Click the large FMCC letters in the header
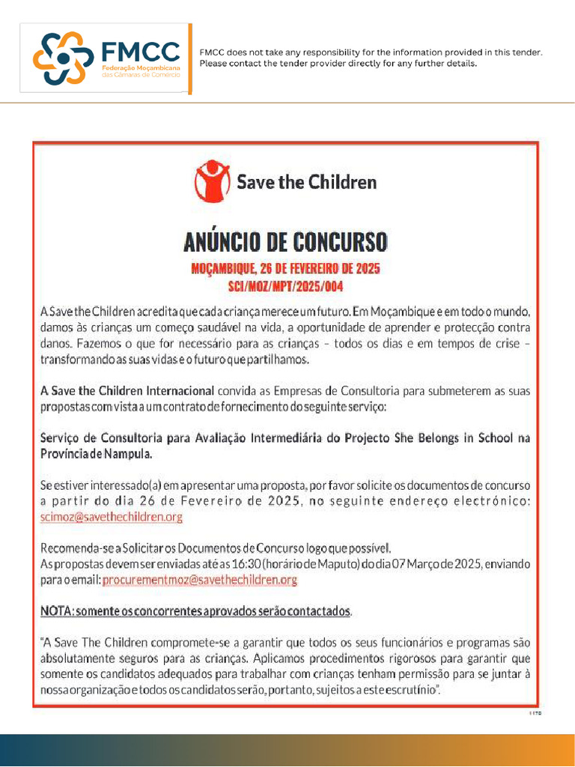[140, 52]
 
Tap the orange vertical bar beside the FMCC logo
[190, 58]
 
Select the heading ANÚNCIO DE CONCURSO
[286, 242]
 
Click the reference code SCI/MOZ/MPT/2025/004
[286, 286]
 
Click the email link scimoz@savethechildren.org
[111, 517]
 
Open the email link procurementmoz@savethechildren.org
[200, 580]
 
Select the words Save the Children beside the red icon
[306, 182]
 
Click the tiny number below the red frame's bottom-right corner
[535, 715]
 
